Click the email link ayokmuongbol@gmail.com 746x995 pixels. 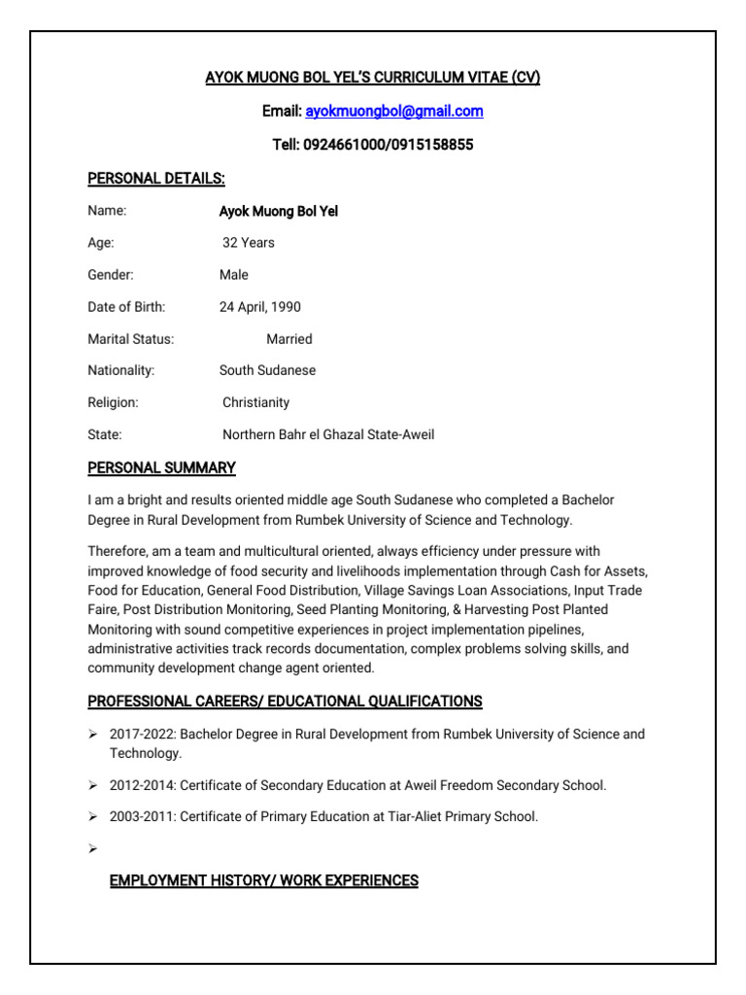coord(393,112)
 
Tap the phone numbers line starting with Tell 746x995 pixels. coord(372,145)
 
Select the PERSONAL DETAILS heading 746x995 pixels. coord(156,179)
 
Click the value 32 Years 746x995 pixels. coord(249,243)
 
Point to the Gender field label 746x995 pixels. coord(111,275)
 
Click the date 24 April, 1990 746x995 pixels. coord(260,307)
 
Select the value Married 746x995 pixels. coord(289,339)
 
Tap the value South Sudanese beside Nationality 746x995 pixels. coord(267,370)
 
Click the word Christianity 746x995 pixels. coord(255,402)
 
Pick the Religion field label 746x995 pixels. coord(113,402)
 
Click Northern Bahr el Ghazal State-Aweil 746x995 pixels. coord(328,434)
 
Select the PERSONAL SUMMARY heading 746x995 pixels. coord(161,468)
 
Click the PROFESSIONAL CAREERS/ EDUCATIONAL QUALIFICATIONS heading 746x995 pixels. coord(285,702)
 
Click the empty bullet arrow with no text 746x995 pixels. coord(93,849)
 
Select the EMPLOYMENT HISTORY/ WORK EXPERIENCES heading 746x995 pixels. coord(263,881)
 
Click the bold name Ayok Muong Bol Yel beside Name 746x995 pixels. coord(279,211)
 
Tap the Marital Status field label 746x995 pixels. coord(131,339)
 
